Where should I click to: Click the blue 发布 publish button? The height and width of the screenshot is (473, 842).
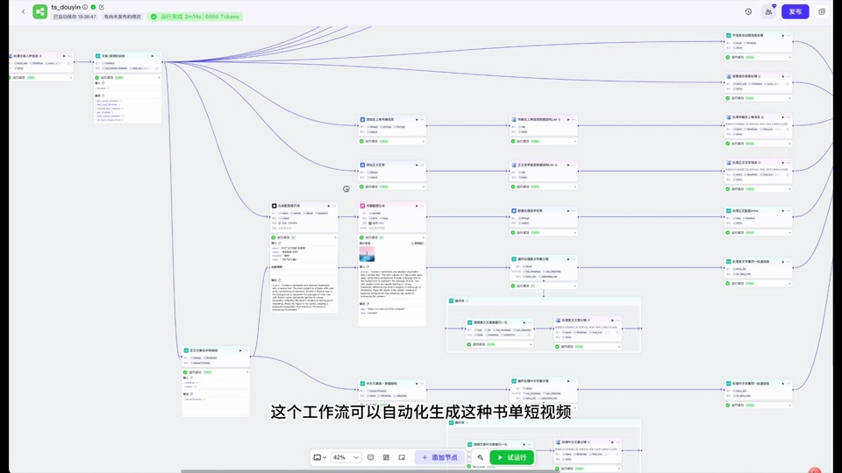tap(795, 11)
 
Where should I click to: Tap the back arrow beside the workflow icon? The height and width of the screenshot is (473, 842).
tap(23, 11)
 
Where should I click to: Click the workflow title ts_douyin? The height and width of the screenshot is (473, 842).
tap(66, 7)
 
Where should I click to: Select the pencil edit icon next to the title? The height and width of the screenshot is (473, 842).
tap(102, 7)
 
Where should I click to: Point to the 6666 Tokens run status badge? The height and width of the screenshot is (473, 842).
tap(195, 17)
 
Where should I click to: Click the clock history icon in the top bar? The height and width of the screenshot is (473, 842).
tap(748, 11)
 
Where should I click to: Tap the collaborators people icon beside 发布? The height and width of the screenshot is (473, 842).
tap(768, 11)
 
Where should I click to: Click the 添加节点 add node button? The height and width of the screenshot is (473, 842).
tap(439, 457)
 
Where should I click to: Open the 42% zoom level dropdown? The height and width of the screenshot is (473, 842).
tap(346, 457)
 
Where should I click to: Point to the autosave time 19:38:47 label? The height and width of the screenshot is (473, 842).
tap(87, 17)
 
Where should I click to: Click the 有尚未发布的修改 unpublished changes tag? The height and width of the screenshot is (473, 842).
tap(122, 17)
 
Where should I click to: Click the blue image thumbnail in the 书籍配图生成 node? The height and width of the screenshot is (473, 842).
tap(367, 255)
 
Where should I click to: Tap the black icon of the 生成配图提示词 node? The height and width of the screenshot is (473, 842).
tap(275, 207)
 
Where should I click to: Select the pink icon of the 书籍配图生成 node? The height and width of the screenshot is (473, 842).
tap(362, 207)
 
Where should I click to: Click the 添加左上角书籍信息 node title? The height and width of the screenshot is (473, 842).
tap(380, 119)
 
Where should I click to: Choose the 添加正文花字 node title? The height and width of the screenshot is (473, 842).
tap(375, 165)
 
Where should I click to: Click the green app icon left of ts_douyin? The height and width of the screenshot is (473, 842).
tap(39, 11)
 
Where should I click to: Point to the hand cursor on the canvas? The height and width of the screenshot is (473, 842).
tap(346, 188)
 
